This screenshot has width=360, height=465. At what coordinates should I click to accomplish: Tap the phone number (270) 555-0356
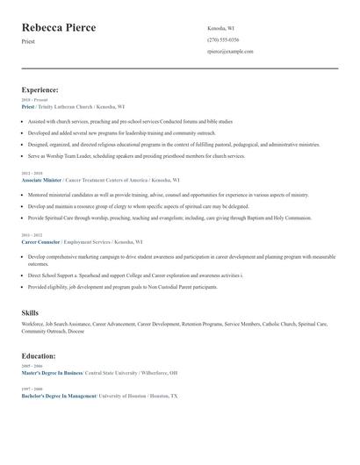point(223,39)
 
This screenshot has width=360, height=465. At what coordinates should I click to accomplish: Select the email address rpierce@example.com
point(230,52)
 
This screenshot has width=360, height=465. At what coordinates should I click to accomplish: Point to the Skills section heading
point(31,312)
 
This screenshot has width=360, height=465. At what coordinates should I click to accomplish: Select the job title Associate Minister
point(42,178)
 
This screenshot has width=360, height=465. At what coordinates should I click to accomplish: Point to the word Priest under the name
point(29,42)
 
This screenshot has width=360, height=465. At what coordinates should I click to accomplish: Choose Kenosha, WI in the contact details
point(220,28)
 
